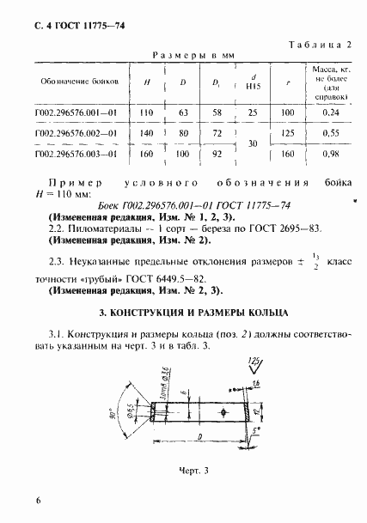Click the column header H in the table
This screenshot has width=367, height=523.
click(149, 83)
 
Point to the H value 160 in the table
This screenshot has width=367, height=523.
click(149, 154)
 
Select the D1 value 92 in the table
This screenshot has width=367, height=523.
click(217, 154)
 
